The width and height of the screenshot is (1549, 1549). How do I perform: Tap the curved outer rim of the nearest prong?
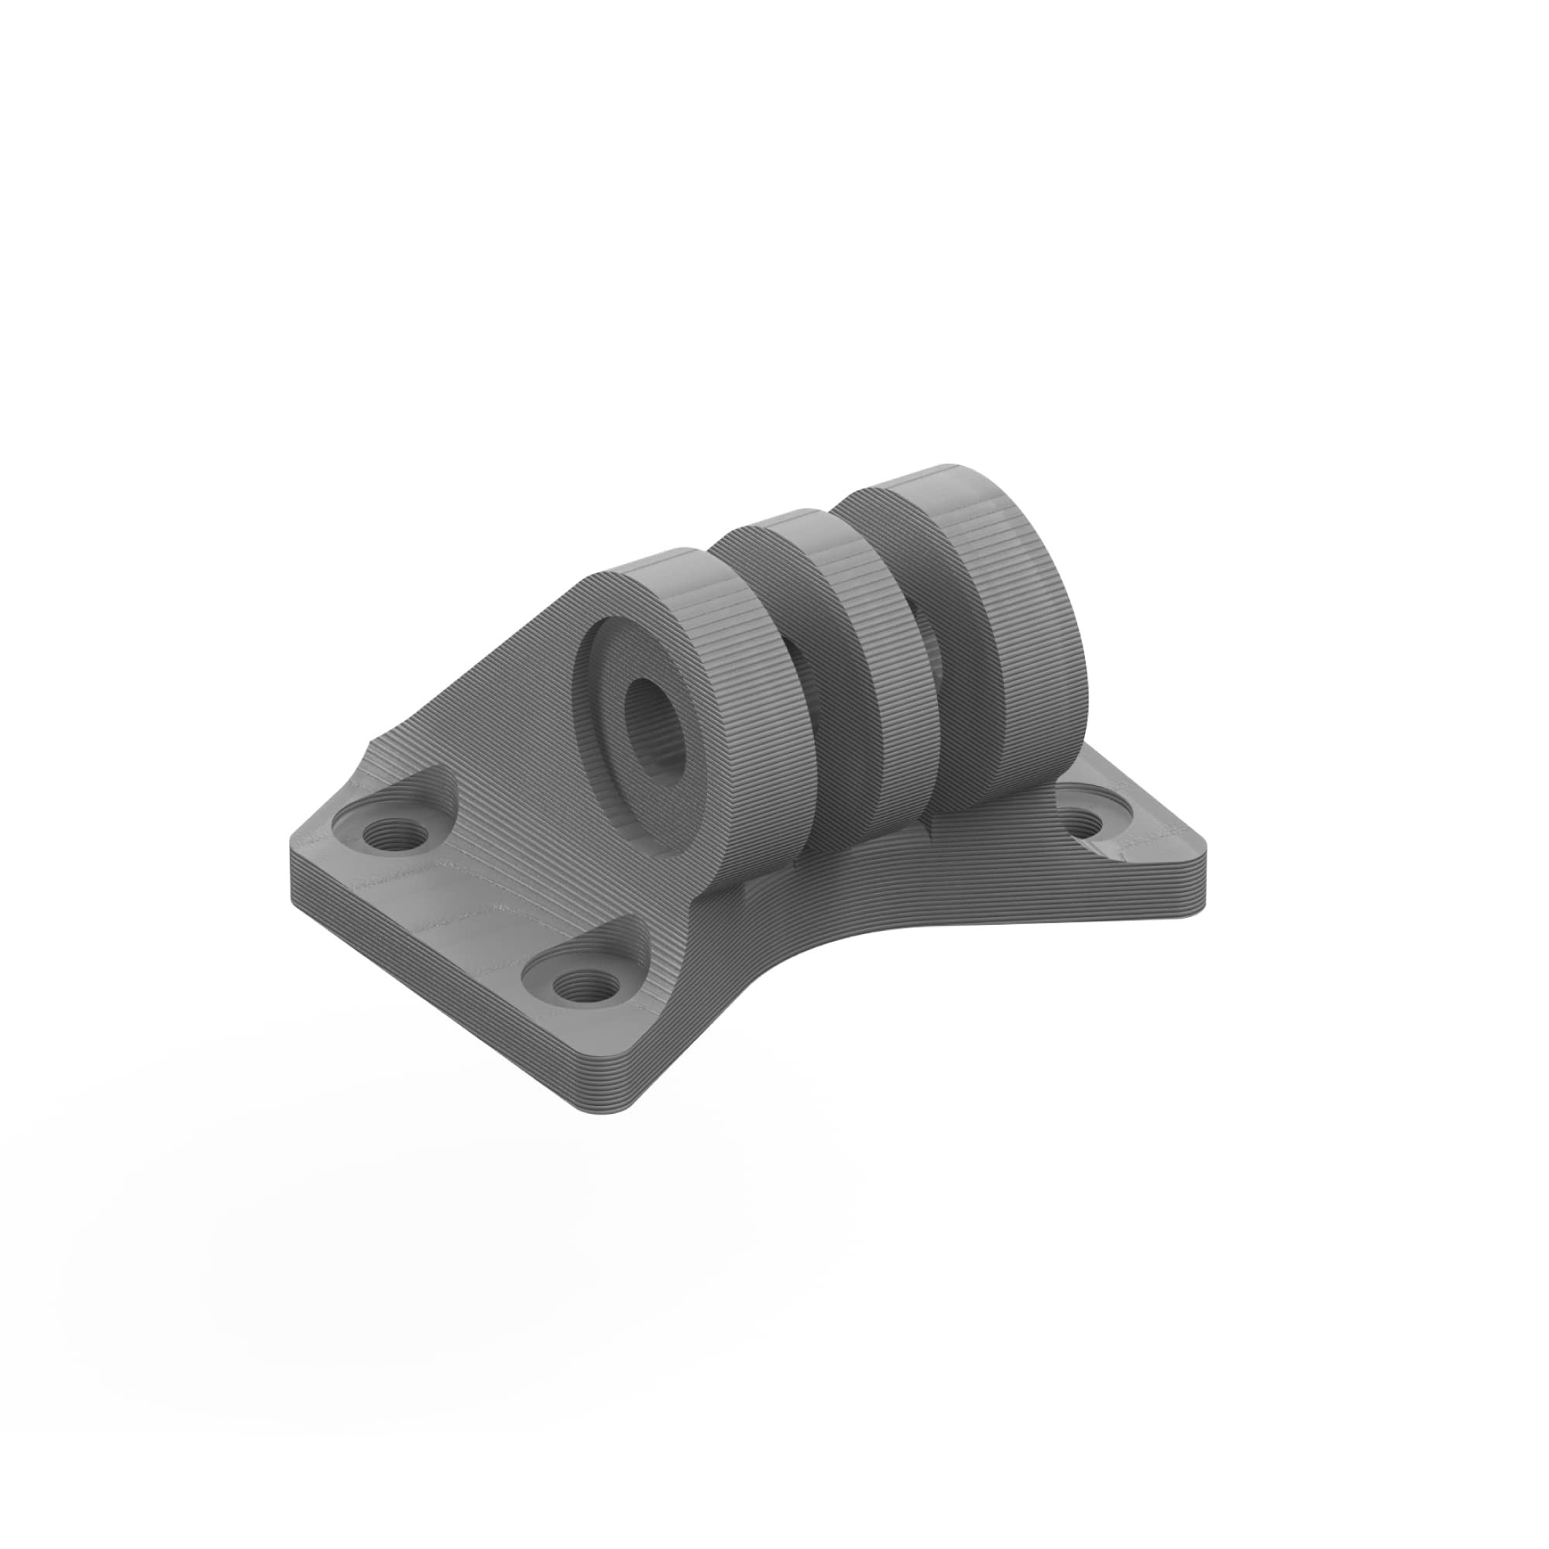(x=770, y=722)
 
